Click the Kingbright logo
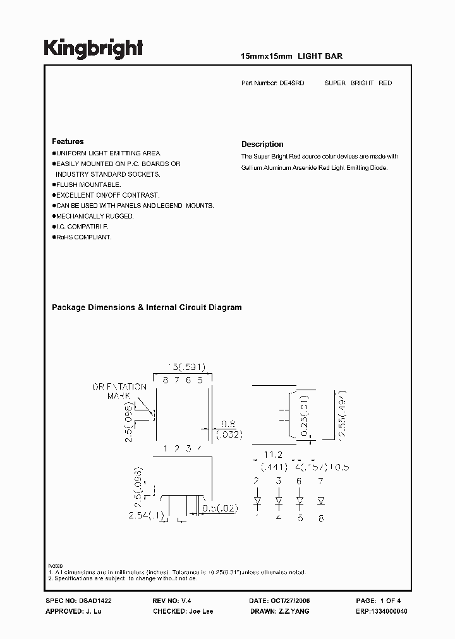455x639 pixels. [x=93, y=48]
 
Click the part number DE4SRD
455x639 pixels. [x=292, y=83]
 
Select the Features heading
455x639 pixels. [x=68, y=141]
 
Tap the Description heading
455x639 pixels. [x=262, y=144]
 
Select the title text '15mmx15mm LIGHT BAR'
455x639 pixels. [x=292, y=56]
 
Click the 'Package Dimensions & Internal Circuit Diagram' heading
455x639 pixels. [x=147, y=308]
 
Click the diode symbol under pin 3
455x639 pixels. [x=279, y=501]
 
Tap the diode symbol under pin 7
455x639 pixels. [x=321, y=501]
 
